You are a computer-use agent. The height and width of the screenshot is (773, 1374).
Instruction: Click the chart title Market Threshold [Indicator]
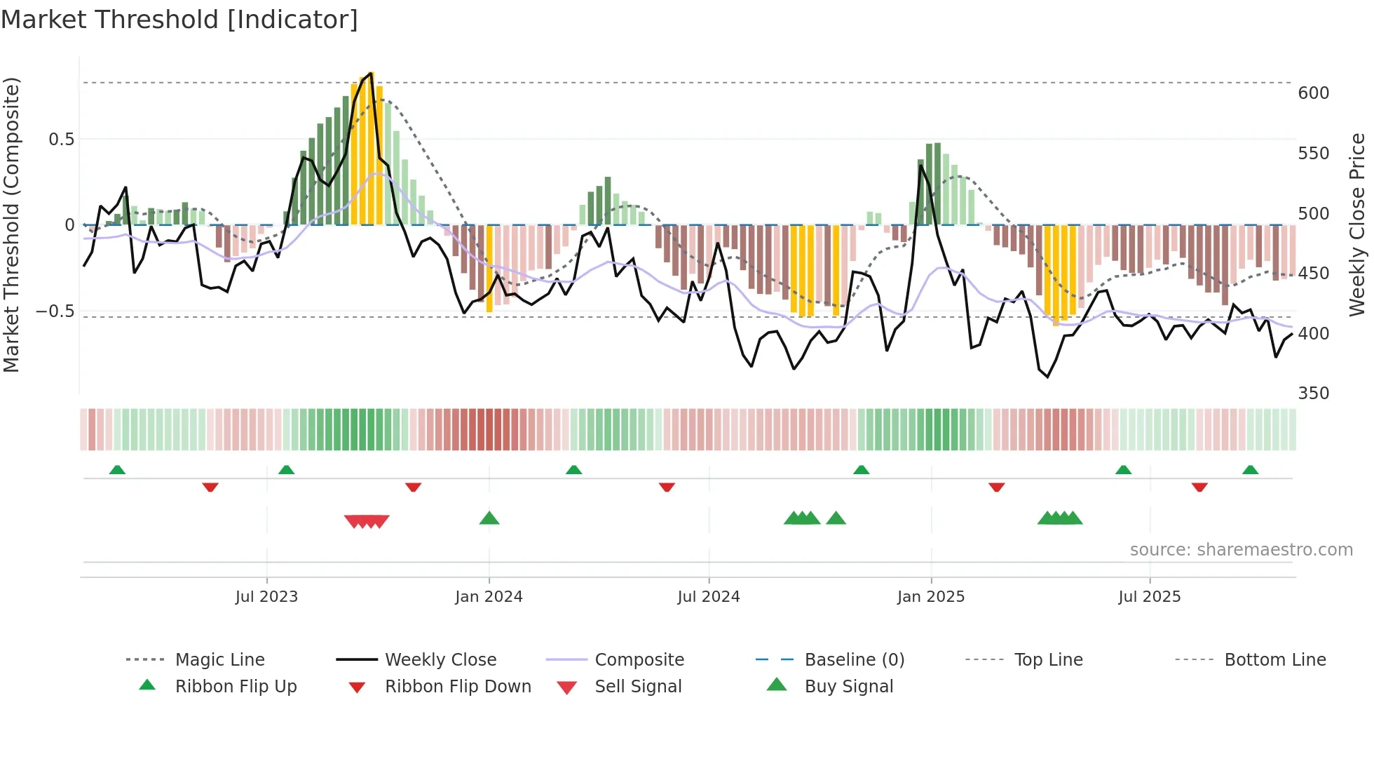tap(179, 20)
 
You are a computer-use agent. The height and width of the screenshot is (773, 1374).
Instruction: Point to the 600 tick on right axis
tap(1313, 93)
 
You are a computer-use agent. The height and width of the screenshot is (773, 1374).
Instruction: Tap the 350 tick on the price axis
tap(1313, 394)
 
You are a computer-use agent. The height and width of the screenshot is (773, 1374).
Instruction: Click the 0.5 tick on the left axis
tap(61, 140)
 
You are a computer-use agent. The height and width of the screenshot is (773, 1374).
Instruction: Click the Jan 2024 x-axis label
tap(489, 597)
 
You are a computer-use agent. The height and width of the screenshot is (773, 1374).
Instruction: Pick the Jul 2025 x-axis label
tap(1149, 597)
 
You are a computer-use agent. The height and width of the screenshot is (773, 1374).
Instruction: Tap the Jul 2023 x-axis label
tap(266, 597)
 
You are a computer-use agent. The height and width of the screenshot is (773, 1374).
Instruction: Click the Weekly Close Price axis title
tap(1357, 224)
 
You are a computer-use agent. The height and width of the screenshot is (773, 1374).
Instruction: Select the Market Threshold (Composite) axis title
tap(11, 224)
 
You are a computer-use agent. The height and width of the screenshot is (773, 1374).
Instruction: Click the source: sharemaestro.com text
tap(1241, 550)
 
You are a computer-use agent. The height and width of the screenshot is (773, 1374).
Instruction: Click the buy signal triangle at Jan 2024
tap(489, 518)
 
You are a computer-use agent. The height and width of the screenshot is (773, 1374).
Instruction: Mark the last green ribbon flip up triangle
tap(1250, 470)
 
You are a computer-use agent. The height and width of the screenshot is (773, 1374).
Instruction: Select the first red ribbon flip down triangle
tap(210, 487)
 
